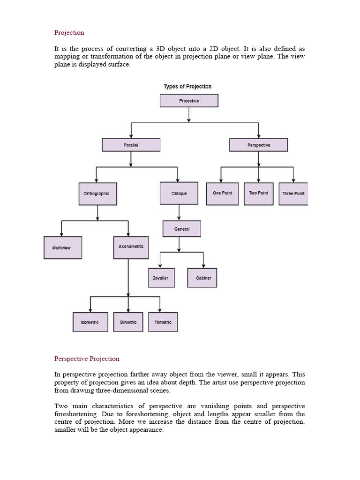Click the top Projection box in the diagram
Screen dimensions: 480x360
tap(189, 101)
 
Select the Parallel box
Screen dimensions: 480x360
tap(131, 145)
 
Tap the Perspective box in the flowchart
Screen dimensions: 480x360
tap(258, 145)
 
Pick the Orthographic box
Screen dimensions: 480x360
tap(97, 194)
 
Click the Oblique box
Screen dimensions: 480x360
tap(179, 194)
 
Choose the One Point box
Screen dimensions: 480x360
tap(222, 193)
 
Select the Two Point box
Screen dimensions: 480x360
tap(258, 193)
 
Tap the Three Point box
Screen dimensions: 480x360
tap(293, 194)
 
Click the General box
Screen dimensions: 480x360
tap(182, 229)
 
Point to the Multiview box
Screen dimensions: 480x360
tap(63, 247)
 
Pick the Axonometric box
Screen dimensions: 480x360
tap(131, 247)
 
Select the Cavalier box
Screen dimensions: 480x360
tap(161, 277)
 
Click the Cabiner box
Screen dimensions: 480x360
tap(202, 277)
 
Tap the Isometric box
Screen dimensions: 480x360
tap(90, 322)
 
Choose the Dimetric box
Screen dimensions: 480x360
tap(128, 322)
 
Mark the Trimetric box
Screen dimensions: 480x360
tap(163, 322)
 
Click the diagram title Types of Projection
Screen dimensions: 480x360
tap(187, 87)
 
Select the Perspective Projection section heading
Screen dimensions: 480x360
tap(87, 359)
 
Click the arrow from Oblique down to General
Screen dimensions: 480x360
tap(179, 212)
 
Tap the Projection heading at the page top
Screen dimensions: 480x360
tap(69, 33)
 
